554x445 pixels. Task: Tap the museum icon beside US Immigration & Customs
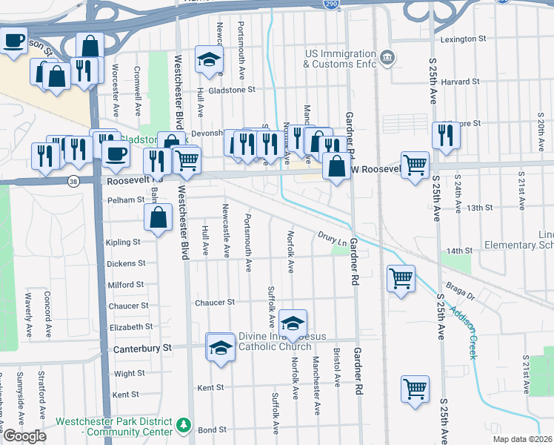tap(387, 58)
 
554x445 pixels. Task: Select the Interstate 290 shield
tap(331, 4)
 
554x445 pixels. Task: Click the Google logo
tap(24, 436)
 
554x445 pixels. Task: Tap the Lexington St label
tap(463, 39)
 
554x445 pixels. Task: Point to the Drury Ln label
tap(332, 239)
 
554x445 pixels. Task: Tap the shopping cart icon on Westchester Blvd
tap(187, 159)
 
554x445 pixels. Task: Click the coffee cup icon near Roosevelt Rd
tap(115, 154)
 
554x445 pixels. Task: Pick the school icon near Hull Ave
tap(210, 59)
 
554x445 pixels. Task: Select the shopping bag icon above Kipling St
tap(158, 217)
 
